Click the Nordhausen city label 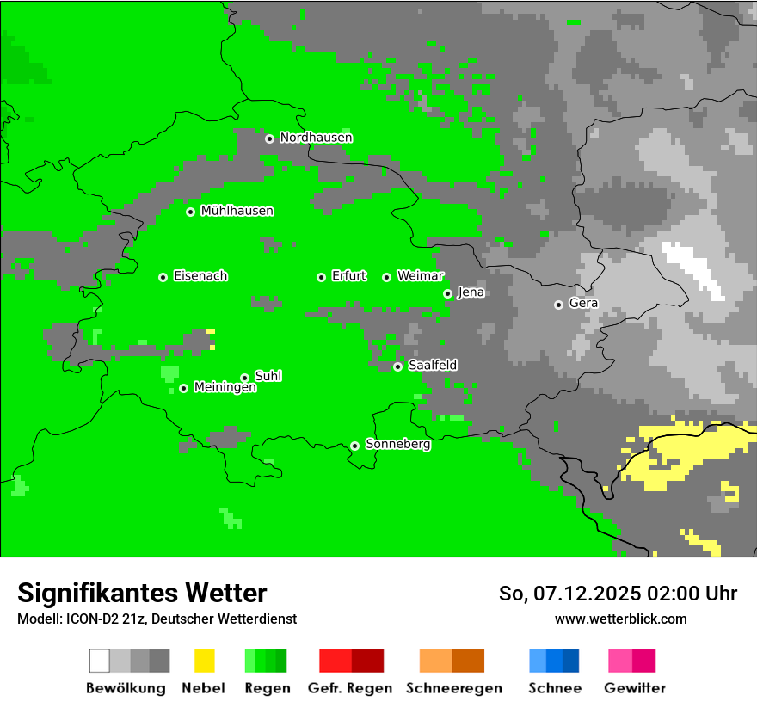click(x=316, y=138)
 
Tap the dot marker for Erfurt click(x=321, y=277)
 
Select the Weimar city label click(x=420, y=276)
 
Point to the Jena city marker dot click(x=447, y=293)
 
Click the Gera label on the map click(x=583, y=304)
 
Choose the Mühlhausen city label click(x=237, y=211)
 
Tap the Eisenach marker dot click(x=163, y=277)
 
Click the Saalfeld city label click(x=432, y=366)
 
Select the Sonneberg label click(x=397, y=445)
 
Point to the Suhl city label click(x=268, y=376)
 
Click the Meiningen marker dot click(x=183, y=388)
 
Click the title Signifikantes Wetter click(x=142, y=594)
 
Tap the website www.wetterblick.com click(x=620, y=619)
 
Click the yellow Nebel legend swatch click(x=204, y=661)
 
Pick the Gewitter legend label click(x=635, y=688)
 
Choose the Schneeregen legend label click(x=453, y=688)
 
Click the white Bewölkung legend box click(x=99, y=661)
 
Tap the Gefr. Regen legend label click(x=349, y=688)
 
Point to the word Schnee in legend click(x=554, y=688)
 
